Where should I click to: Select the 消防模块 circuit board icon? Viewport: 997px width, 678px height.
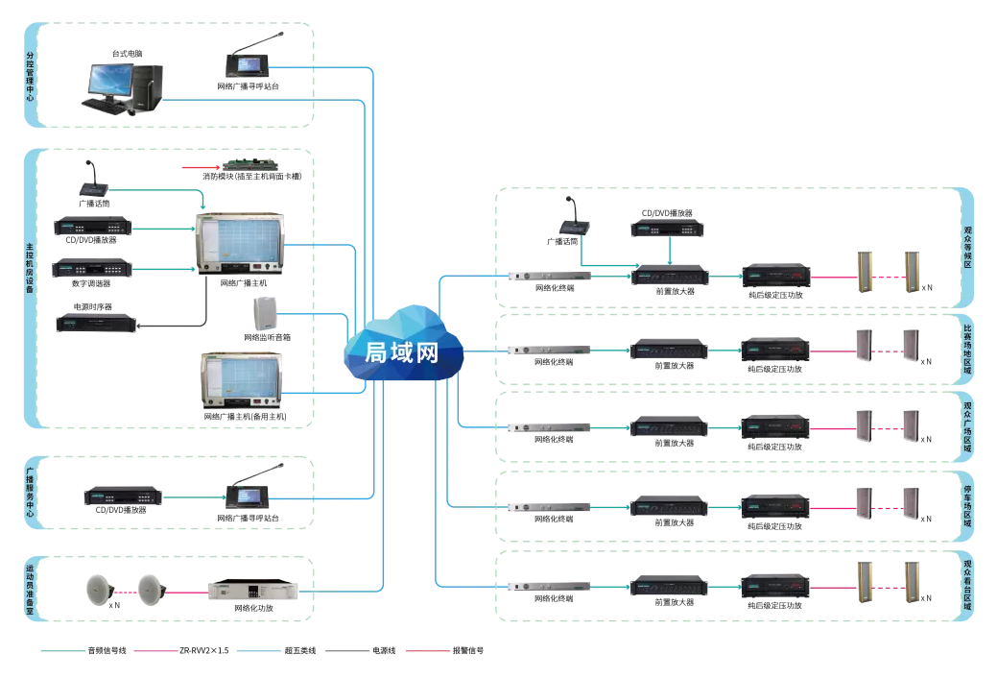255,166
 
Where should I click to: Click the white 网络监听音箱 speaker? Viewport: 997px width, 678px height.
266,314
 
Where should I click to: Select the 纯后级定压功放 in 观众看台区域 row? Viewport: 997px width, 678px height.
774,586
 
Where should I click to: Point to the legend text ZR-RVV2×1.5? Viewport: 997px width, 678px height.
204,650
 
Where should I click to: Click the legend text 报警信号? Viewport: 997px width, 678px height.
469,650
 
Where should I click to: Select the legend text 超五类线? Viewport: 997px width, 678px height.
298,650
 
